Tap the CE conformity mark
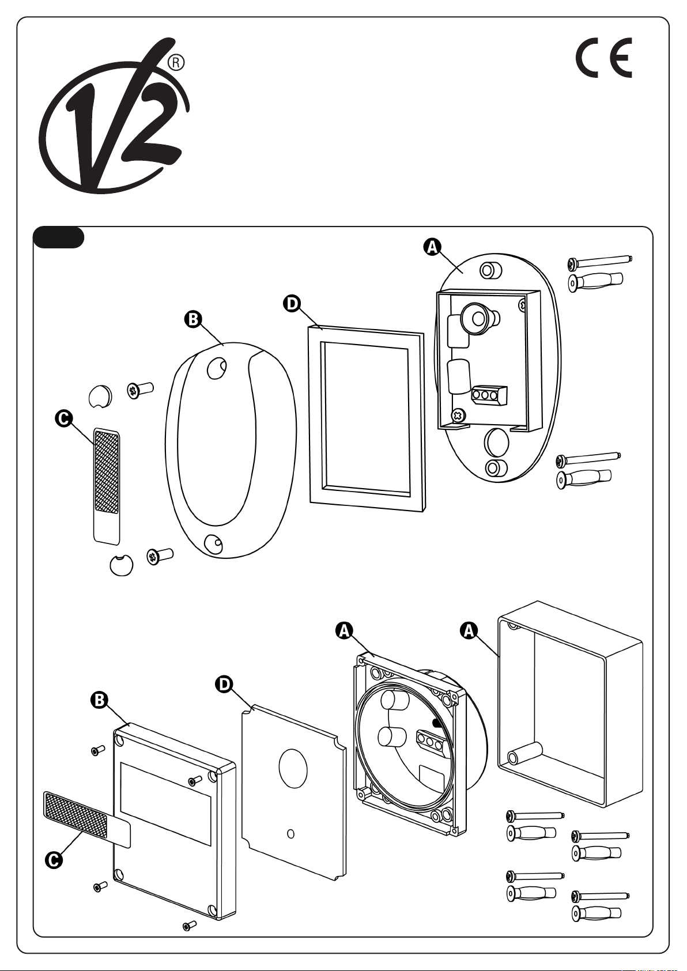click(604, 58)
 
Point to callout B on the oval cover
click(192, 319)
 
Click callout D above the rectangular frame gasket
click(293, 303)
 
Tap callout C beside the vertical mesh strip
click(63, 418)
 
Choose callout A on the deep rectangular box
click(469, 630)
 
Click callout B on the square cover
click(100, 700)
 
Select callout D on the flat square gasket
click(223, 684)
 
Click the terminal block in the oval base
click(489, 395)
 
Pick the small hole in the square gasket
click(290, 833)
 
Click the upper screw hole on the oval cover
click(216, 368)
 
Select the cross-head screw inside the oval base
click(459, 414)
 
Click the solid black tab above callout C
click(59, 237)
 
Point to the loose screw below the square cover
click(189, 925)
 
